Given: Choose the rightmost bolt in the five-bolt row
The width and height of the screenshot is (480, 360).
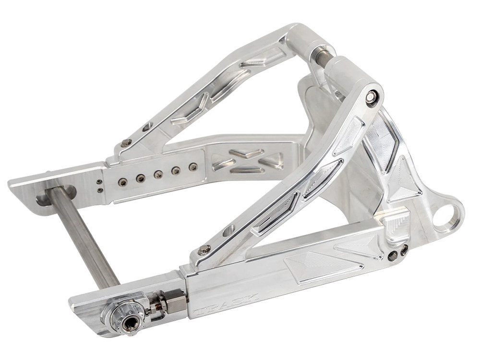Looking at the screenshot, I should click(x=192, y=167).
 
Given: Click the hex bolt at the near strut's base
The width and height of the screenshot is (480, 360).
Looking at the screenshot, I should click(x=204, y=250).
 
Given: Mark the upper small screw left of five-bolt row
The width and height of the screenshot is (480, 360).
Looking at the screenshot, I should click(x=99, y=182).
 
